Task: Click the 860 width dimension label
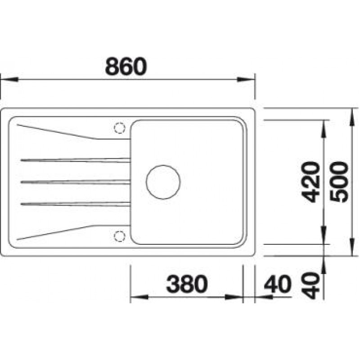point(126,66)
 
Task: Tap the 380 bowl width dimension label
point(187,284)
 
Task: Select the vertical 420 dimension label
point(310,182)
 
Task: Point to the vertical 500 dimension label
point(339,182)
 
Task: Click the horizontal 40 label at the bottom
point(278,284)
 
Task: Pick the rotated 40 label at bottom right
point(310,285)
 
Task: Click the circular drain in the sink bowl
point(163,182)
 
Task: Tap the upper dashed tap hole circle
point(120,128)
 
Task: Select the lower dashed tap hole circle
point(120,236)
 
